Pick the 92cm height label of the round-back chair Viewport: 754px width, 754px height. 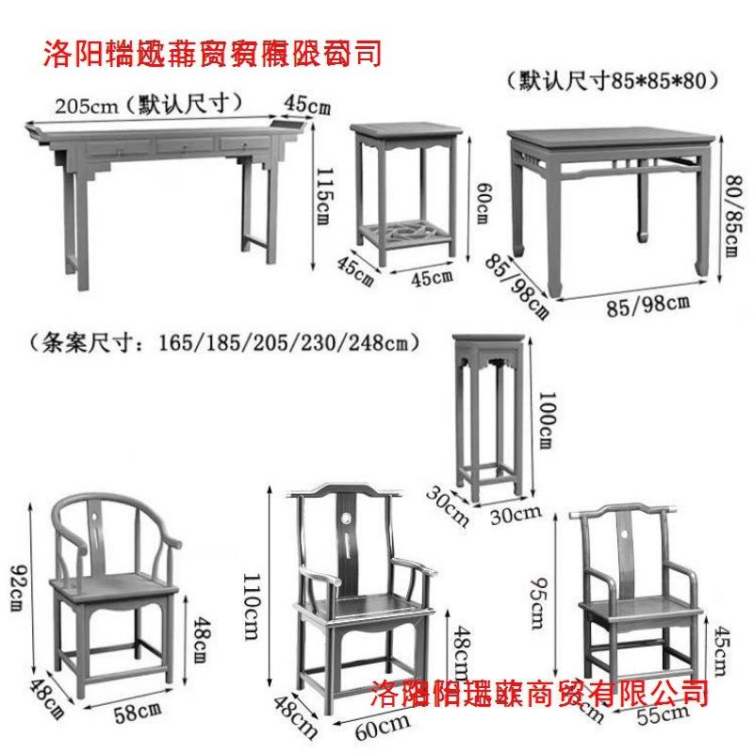[x=18, y=587]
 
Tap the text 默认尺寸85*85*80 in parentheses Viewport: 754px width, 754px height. [x=612, y=80]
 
